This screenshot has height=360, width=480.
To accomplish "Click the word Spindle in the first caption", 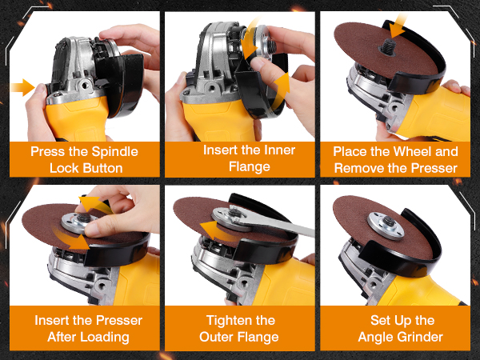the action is click(114, 152).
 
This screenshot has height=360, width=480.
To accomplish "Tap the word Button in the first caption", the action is click(103, 168).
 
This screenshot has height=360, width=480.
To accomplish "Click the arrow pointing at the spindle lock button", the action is click(22, 87).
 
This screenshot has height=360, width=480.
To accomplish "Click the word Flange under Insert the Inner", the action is click(250, 167).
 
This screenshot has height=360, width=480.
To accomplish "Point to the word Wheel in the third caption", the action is click(411, 151).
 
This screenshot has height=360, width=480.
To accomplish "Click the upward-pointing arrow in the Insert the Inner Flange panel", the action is click(281, 91).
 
